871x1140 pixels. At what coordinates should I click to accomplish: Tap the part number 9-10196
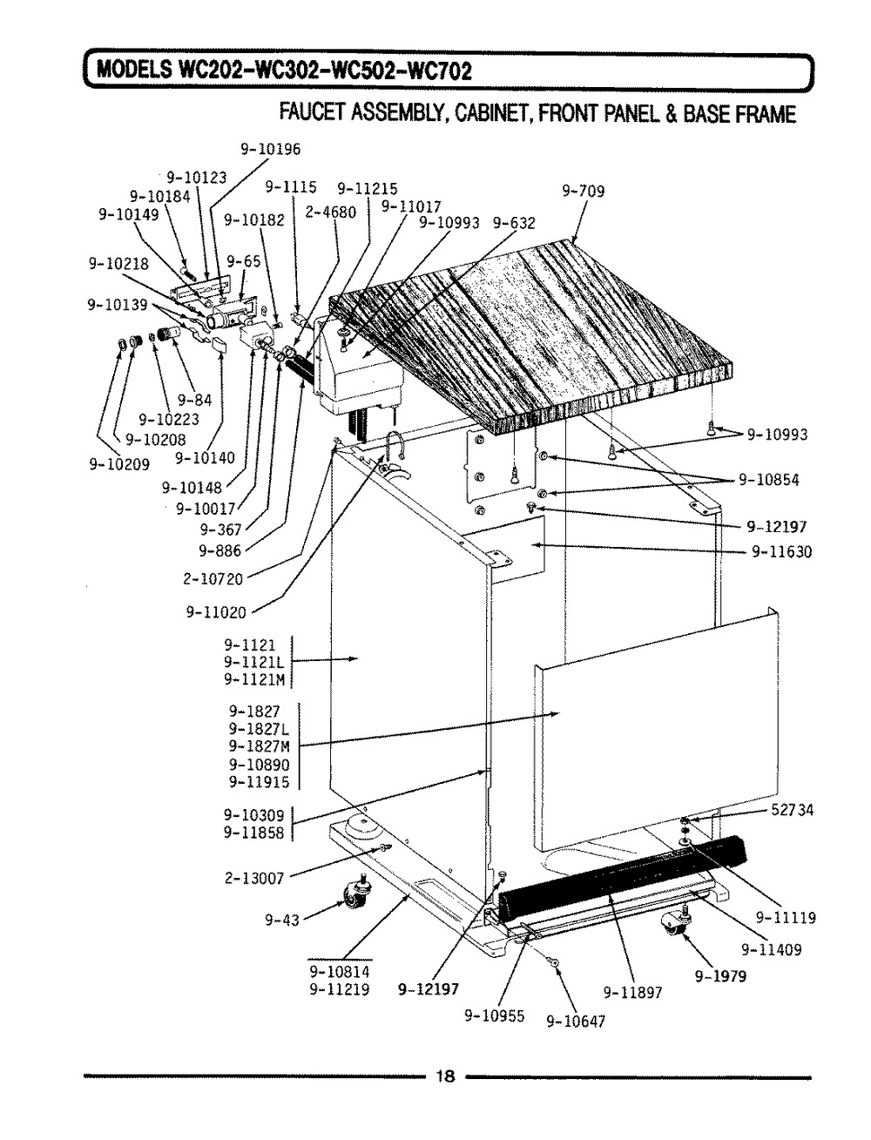click(x=270, y=149)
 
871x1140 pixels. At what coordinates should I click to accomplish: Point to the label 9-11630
click(x=780, y=551)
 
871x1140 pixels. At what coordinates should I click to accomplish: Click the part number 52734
click(x=792, y=810)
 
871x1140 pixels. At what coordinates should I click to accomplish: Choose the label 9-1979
click(x=720, y=976)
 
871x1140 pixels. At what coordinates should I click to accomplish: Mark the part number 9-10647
click(x=575, y=1022)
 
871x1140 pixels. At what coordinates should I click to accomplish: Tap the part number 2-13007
click(x=254, y=878)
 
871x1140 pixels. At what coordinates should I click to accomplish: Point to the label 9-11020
click(x=216, y=612)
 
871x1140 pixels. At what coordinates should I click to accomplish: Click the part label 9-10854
click(x=768, y=479)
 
